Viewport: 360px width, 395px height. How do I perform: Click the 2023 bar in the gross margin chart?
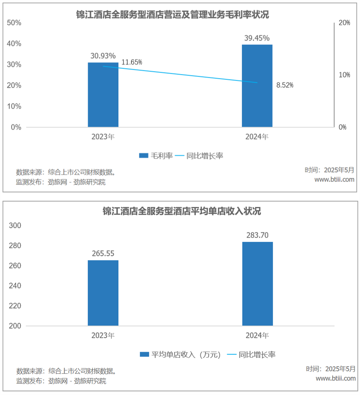tap(103, 95)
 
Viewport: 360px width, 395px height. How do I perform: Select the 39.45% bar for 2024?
tap(257, 86)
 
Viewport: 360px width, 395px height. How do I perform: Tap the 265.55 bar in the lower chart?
tap(103, 293)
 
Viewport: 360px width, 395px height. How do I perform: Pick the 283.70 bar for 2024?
tap(257, 284)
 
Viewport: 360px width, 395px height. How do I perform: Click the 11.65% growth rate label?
tap(132, 62)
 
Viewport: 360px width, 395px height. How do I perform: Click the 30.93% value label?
tap(103, 56)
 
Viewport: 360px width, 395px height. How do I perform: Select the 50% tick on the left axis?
tap(14, 23)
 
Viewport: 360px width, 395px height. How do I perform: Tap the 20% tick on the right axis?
tap(344, 23)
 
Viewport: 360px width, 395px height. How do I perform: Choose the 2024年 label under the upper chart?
tap(257, 137)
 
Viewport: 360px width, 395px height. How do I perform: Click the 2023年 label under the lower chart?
tap(103, 336)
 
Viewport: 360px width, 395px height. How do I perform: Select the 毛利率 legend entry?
tap(156, 156)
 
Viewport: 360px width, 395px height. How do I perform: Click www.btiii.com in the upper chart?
tap(334, 179)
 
